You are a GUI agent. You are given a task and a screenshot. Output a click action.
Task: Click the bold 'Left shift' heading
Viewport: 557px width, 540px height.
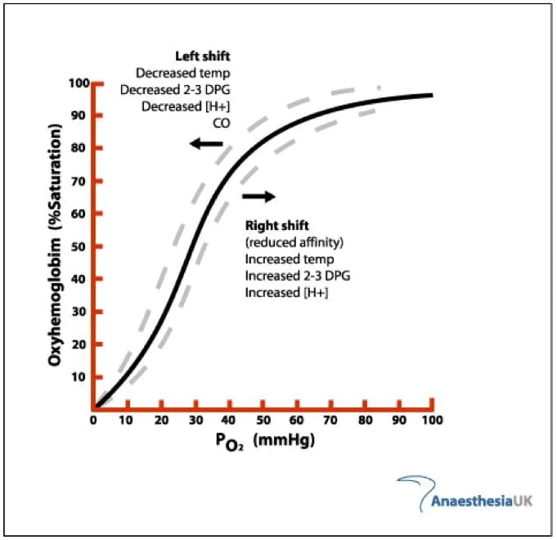click(x=203, y=56)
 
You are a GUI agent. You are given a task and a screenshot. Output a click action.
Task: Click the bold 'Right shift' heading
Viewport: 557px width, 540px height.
click(x=276, y=225)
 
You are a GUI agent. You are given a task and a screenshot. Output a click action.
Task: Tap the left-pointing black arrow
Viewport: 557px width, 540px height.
click(x=205, y=144)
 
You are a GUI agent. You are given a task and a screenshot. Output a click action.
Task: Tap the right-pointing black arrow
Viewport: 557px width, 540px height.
click(x=259, y=196)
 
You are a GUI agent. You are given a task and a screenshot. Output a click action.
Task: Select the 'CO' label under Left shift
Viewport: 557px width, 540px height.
click(x=222, y=123)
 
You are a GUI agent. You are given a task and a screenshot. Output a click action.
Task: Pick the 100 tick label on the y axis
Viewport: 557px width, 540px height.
click(x=78, y=83)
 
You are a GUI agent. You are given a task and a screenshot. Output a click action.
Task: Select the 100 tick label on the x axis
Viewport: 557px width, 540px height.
click(x=432, y=420)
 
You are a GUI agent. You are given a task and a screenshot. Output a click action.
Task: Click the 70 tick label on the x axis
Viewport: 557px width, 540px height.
click(x=330, y=420)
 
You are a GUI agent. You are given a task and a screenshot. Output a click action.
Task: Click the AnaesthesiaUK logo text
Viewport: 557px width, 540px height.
click(x=482, y=500)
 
